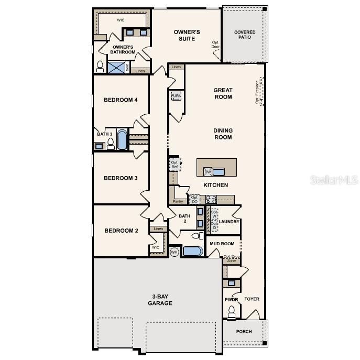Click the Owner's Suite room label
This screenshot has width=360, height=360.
(187, 35)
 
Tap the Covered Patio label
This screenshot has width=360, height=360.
(245, 35)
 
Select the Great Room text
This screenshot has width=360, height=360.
(223, 93)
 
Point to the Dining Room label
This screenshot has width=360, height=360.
(223, 134)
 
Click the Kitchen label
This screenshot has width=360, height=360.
(216, 185)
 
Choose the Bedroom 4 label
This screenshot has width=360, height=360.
(121, 100)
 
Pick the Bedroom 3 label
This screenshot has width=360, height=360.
(121, 178)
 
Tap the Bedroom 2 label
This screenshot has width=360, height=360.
(121, 231)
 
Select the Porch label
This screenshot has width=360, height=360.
(244, 331)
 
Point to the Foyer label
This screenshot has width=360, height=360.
(252, 299)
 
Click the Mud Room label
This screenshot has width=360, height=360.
(222, 244)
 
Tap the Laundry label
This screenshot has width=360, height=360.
(229, 222)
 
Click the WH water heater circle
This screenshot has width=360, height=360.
(174, 252)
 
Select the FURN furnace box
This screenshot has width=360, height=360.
(176, 96)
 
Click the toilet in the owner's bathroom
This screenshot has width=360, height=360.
(100, 67)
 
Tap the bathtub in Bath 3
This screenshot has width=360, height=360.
(122, 140)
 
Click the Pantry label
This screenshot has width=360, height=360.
(178, 201)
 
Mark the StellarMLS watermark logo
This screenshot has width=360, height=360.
(334, 180)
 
